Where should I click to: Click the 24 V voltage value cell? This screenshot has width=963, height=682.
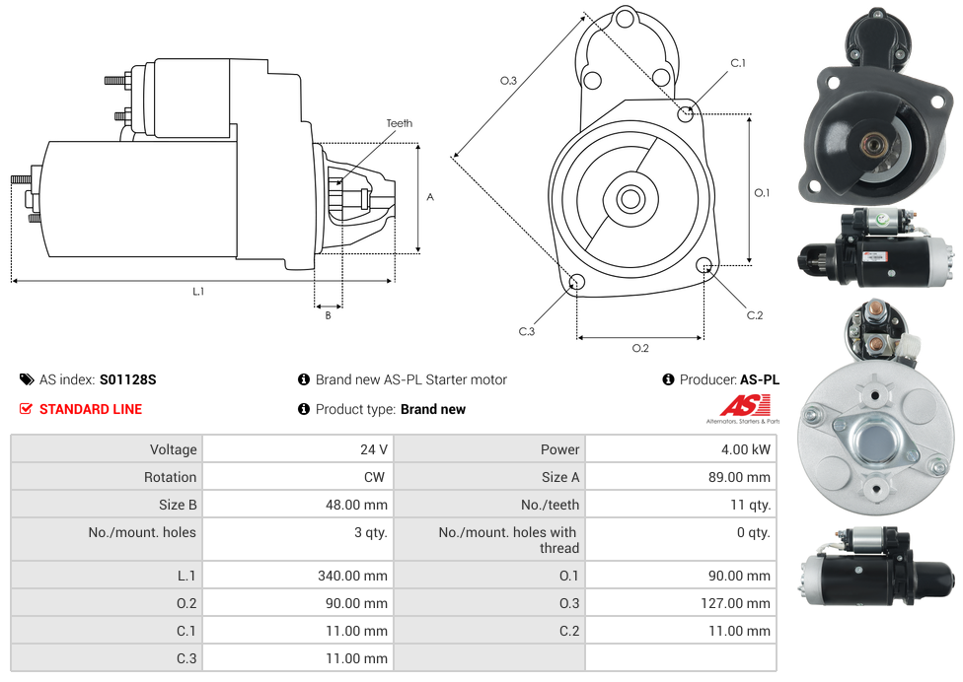[373, 449]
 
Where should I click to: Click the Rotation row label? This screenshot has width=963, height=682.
[170, 477]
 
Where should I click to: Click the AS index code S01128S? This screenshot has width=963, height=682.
[128, 379]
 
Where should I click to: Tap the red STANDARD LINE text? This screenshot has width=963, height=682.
[91, 409]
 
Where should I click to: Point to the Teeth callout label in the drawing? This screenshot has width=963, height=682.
[400, 123]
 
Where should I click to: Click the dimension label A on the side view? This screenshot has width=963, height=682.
[430, 197]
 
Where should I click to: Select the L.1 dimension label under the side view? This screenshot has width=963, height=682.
[198, 291]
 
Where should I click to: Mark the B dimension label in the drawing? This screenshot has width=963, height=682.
[328, 315]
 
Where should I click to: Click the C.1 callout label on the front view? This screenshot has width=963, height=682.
[737, 63]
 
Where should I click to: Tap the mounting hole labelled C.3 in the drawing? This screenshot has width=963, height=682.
[577, 284]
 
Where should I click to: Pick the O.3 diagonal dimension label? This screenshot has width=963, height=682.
[509, 81]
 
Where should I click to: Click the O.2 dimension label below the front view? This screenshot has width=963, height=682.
[640, 348]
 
